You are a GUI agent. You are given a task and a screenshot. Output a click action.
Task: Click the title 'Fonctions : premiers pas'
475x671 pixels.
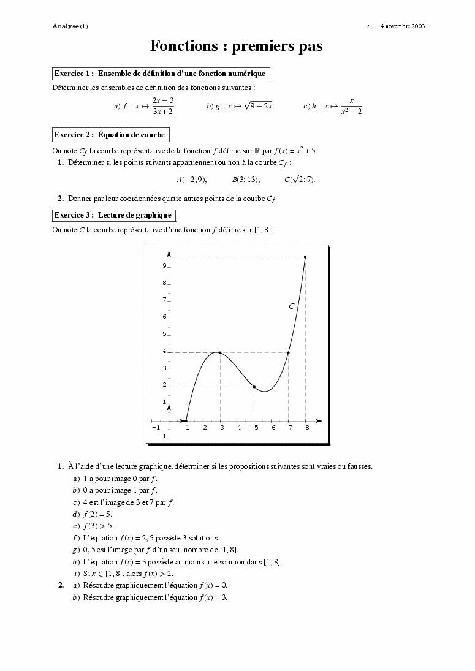[237, 46]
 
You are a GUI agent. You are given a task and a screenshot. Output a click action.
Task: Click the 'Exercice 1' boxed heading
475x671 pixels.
[161, 74]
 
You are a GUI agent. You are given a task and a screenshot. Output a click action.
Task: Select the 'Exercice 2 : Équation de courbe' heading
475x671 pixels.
[110, 135]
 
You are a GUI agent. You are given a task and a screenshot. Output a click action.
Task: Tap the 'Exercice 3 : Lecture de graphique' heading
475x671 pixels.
[113, 215]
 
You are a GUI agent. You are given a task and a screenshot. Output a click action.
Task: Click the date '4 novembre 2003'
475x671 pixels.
[402, 26]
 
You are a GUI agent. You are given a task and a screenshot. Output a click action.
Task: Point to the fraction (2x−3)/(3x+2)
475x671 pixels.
[163, 105]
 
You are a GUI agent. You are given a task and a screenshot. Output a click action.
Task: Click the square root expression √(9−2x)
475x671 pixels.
[258, 105]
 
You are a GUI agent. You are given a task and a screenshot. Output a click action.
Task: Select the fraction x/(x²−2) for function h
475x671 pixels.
[351, 106]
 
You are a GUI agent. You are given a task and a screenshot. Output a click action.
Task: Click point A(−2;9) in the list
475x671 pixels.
[191, 180]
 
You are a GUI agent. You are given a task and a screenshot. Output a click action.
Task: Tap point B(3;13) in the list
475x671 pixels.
[245, 180]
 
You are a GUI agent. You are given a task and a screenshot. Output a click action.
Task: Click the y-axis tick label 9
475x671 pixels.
[164, 266]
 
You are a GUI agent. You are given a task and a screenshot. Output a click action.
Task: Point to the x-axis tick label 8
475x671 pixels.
[308, 428]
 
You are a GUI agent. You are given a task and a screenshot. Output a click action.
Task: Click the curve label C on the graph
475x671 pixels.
[292, 306]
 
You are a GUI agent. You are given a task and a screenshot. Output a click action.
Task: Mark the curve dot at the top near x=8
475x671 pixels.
[305, 257]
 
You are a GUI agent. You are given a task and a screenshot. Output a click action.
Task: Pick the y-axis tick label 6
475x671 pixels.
[164, 317]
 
